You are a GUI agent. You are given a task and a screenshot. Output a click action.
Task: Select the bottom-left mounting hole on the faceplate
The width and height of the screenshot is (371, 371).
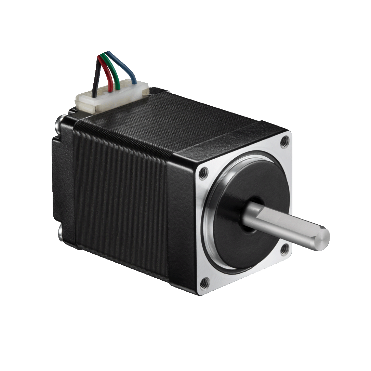tap(204, 282)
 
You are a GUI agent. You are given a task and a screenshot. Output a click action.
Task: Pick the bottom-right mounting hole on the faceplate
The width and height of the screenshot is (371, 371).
tap(284, 250)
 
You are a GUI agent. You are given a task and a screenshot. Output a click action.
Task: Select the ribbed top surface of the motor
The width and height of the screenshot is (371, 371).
tap(191, 123)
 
